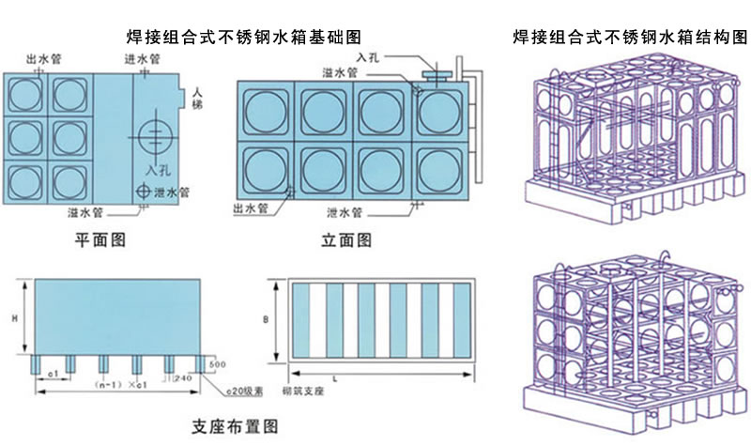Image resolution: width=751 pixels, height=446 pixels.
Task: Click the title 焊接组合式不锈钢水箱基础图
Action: click(x=244, y=38)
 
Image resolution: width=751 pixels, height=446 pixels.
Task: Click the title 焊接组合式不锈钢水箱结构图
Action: click(x=631, y=38)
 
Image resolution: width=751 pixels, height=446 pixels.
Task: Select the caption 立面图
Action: click(x=345, y=240)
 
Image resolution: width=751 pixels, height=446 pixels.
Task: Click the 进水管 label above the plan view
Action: click(x=142, y=58)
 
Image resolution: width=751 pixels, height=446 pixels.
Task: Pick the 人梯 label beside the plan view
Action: click(x=197, y=100)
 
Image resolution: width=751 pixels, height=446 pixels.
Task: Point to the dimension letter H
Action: click(x=15, y=319)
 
